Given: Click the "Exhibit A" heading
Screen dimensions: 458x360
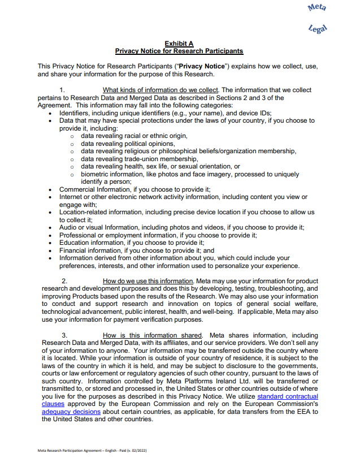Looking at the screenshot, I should click(x=179, y=43).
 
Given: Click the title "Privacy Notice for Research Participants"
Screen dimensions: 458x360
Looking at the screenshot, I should click(x=179, y=51).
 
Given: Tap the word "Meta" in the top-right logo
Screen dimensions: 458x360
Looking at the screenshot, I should click(x=317, y=8).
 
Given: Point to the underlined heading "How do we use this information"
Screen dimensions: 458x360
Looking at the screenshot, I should click(x=148, y=281).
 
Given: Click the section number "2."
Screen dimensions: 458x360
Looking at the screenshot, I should click(x=64, y=281).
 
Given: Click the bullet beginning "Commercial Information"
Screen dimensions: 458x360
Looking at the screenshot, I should click(x=135, y=189).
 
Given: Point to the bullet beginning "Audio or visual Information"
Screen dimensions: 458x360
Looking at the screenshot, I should click(x=181, y=227).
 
